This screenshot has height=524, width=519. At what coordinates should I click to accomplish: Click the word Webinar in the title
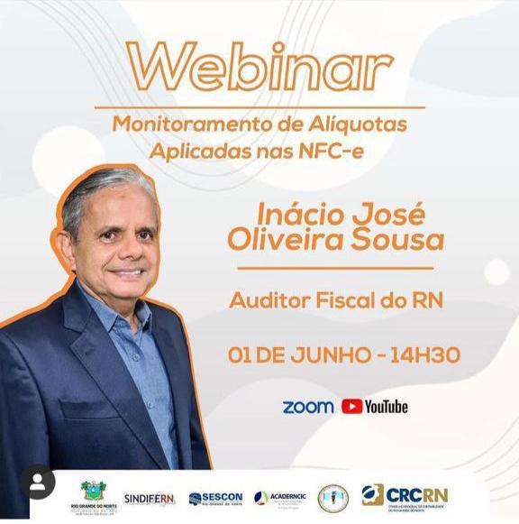tap(260, 66)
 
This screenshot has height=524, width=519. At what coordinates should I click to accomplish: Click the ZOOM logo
tap(307, 407)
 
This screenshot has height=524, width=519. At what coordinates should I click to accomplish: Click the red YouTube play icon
tap(351, 407)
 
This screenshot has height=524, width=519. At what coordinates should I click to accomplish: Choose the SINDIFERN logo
tap(150, 499)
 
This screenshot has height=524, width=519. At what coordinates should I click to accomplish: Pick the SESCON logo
tap(215, 498)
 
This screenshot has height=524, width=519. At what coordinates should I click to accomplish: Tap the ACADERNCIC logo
tap(279, 498)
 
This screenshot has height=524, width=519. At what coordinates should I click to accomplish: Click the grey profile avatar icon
tap(37, 483)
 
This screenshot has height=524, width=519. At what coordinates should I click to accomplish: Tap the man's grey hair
tap(99, 185)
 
